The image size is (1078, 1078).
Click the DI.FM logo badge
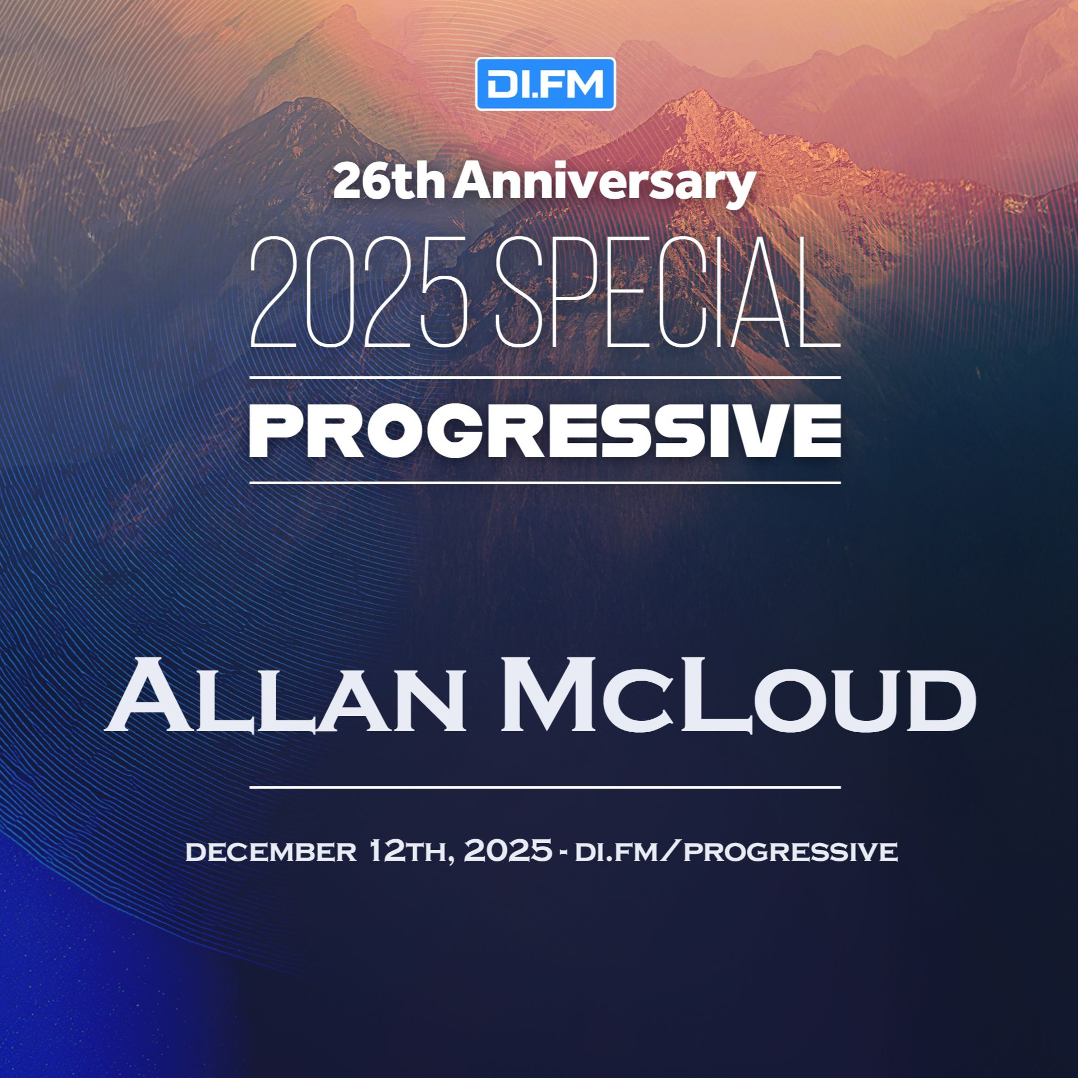pos(545,84)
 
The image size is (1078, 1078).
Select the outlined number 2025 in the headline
pos(359,291)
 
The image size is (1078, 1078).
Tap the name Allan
pos(285,695)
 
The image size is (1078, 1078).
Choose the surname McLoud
pos(738,695)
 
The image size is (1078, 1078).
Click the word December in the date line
pos(271,852)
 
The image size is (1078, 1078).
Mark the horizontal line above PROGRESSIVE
pos(545,378)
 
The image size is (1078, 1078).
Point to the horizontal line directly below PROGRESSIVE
pos(545,483)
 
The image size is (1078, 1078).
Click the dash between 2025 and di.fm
pos(563,853)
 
